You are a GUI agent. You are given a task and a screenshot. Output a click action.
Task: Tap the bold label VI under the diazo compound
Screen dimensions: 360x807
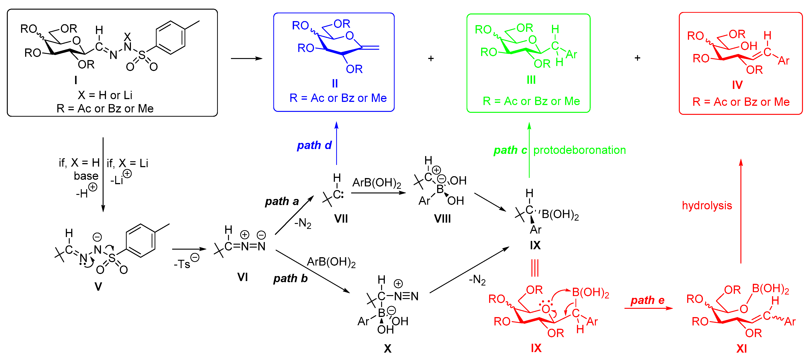242,277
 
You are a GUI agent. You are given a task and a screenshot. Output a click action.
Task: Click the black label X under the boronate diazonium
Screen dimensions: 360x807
388,348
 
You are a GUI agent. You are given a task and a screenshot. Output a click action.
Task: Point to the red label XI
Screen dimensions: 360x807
742,348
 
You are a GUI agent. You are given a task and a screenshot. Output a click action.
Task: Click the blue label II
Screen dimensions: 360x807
335,83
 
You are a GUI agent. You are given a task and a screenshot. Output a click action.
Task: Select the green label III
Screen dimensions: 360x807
531,80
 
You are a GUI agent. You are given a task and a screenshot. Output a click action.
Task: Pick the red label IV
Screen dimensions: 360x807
737,85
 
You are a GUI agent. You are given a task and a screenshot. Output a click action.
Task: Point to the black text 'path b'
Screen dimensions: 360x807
290,278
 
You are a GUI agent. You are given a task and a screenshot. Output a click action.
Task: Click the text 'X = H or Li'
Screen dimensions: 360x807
105,95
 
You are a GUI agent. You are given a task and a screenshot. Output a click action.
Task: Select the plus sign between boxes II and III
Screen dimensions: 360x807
431,59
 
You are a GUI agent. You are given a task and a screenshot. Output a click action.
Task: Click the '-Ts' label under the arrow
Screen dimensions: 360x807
183,264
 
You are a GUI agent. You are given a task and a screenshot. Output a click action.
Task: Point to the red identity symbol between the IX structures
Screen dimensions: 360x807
535,268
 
